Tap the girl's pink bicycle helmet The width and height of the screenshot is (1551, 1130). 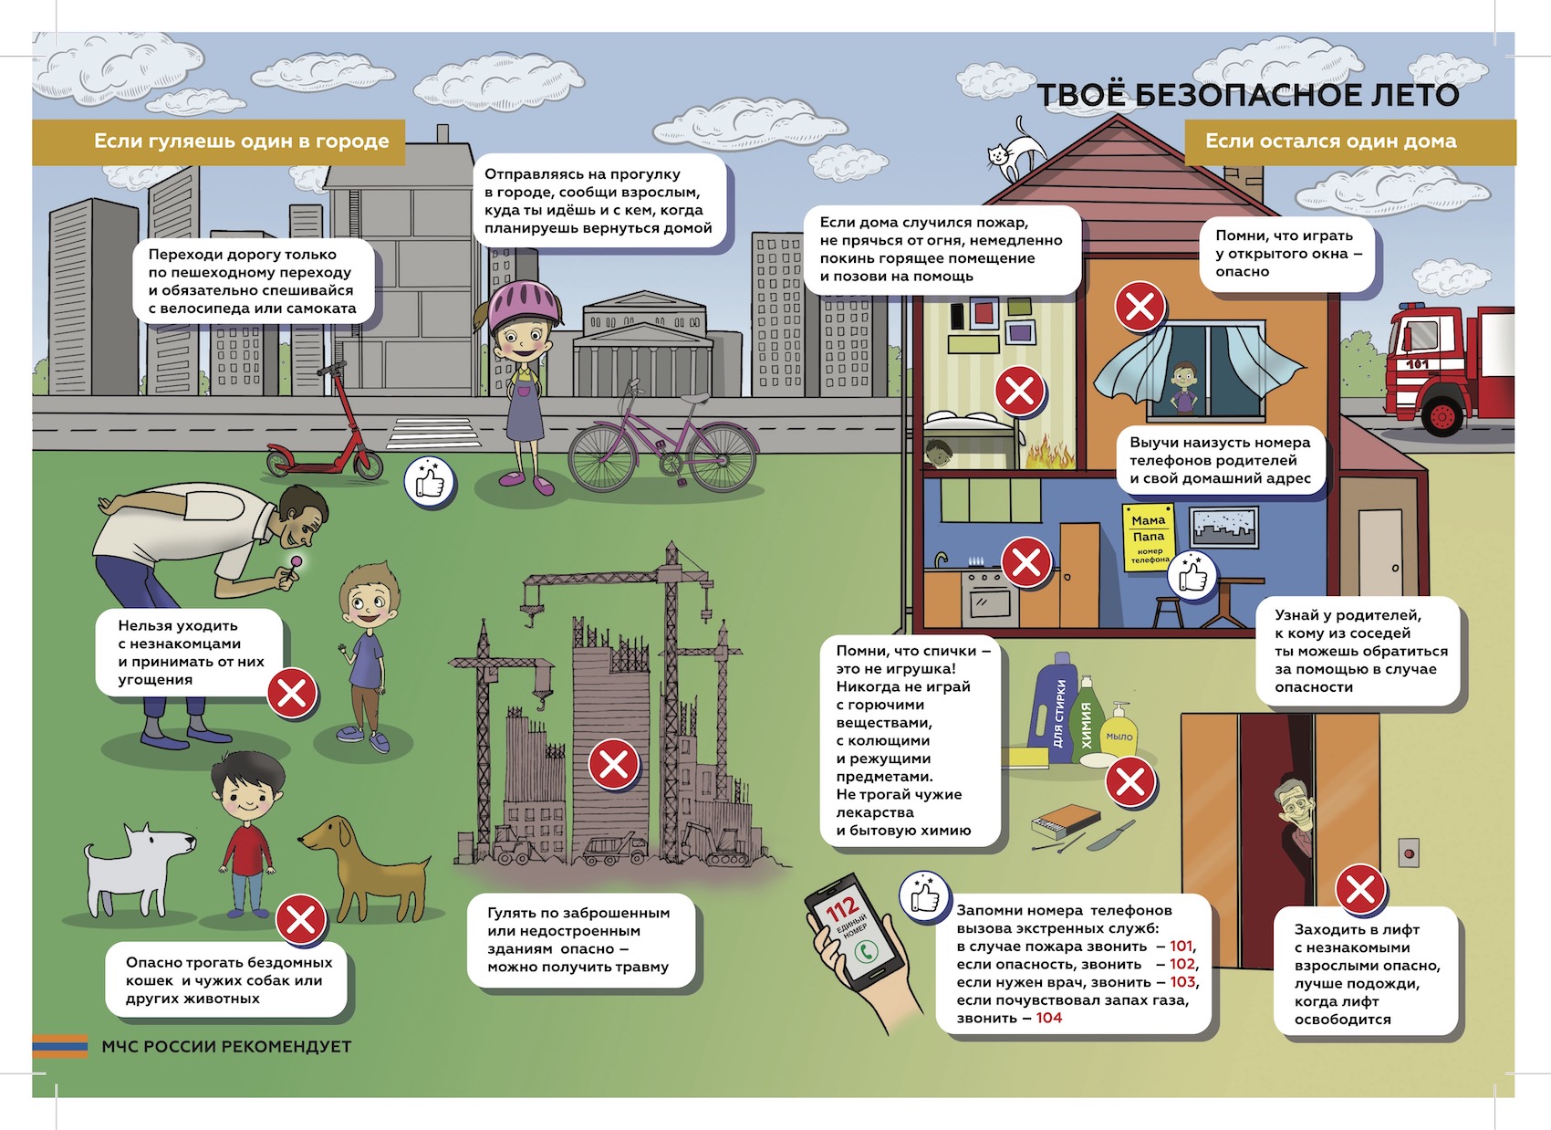[524, 305]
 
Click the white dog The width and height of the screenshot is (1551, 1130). [139, 867]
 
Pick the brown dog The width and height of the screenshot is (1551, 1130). [366, 866]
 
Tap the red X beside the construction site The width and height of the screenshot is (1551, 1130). [613, 764]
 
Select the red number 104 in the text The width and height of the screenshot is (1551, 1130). [1049, 1018]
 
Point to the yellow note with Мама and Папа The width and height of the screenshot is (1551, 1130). [1149, 538]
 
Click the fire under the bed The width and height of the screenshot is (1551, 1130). [1050, 454]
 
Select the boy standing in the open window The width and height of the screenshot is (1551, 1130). [1184, 388]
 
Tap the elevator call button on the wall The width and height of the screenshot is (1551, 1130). [1409, 853]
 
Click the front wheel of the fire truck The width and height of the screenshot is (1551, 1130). [1443, 415]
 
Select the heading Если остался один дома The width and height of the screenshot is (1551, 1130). [1331, 141]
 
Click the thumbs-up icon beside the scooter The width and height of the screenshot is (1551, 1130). [430, 481]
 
